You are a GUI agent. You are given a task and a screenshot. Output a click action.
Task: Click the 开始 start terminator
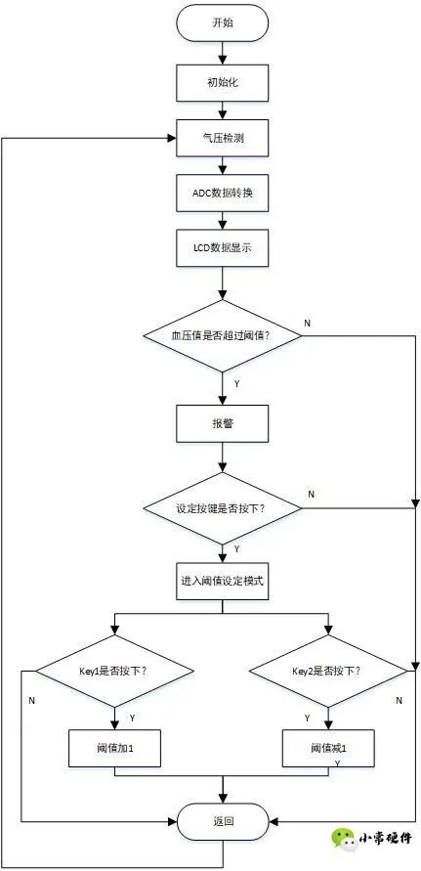point(222,24)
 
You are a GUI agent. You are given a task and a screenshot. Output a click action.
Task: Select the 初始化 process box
point(222,83)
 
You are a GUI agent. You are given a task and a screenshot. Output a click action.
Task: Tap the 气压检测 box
point(222,137)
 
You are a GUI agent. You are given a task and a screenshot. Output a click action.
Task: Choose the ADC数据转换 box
point(222,193)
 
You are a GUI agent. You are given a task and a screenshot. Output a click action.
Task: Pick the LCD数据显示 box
point(222,246)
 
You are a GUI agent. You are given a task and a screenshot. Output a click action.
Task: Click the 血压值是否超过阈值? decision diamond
point(222,336)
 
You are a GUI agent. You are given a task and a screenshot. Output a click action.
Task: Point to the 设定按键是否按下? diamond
point(222,508)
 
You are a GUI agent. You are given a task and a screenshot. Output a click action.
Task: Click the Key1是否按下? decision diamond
point(114,672)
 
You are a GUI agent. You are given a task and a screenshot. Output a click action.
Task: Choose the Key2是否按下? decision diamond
point(328,672)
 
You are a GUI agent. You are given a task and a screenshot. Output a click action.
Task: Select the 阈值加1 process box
point(114,748)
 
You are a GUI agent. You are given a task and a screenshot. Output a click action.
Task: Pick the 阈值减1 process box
point(328,748)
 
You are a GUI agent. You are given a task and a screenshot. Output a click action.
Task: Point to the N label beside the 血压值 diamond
point(308,324)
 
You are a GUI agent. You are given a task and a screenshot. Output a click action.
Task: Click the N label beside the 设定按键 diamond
point(312,495)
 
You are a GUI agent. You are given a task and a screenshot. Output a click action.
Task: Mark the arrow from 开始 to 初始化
point(222,53)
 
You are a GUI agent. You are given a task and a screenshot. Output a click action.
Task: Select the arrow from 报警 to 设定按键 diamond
point(222,457)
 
